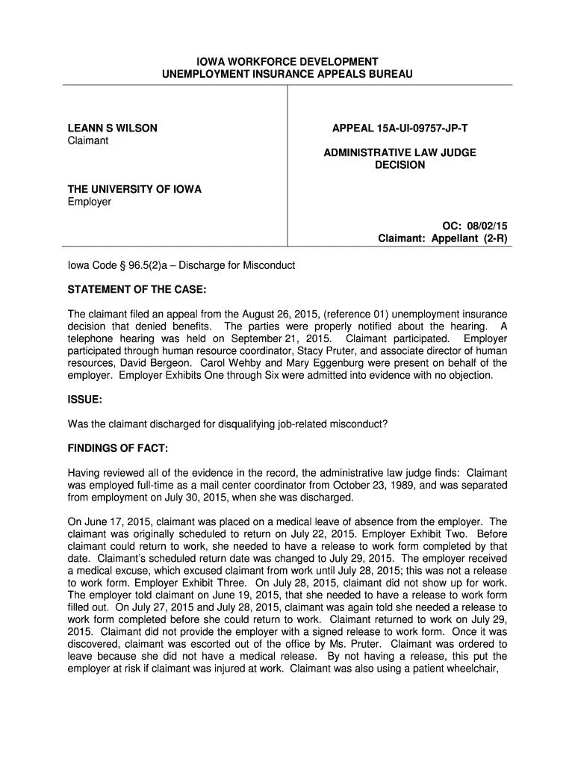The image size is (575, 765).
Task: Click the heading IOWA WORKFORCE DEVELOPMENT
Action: point(287,61)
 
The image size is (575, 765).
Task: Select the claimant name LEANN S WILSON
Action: point(112,128)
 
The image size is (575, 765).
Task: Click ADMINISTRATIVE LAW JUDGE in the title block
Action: point(400,152)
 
